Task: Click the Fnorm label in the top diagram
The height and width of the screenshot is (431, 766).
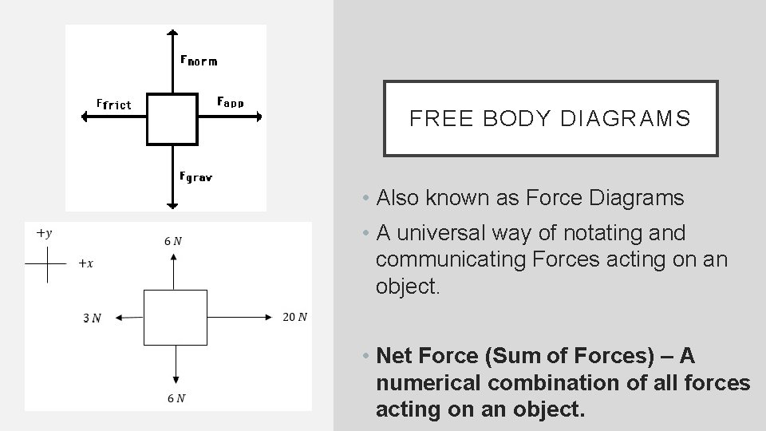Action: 199,60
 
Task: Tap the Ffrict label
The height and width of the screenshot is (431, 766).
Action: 113,104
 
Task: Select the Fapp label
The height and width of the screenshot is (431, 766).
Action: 231,102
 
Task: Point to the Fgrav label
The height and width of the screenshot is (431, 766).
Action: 195,176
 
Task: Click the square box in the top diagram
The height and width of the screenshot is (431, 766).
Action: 172,118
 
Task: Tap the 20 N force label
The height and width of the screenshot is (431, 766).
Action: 294,318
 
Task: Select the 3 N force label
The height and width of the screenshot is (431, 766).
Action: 93,318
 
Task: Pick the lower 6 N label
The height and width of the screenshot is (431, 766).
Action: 175,398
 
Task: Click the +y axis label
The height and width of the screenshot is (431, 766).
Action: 44,233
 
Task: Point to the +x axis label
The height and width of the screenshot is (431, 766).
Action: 85,263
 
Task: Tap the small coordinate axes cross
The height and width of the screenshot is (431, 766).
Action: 48,265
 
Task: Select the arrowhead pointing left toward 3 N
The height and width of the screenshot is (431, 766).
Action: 118,318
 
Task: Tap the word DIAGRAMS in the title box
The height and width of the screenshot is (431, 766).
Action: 626,119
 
